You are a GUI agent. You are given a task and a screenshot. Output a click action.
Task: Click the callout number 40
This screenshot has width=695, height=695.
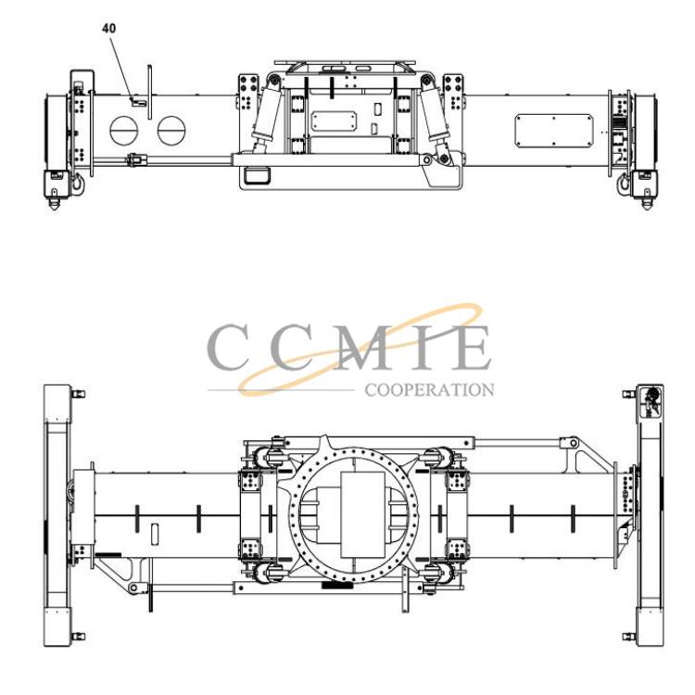108,29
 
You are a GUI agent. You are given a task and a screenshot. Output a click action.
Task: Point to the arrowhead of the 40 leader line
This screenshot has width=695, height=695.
132,99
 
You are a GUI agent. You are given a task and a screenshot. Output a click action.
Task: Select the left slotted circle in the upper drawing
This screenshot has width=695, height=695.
123,131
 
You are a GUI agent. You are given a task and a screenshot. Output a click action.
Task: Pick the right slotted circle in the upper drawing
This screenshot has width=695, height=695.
171,131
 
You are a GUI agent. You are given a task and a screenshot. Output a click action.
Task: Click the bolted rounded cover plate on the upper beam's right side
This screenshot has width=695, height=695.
554,131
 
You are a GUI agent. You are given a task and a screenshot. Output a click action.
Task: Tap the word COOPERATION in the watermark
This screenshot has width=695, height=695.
429,390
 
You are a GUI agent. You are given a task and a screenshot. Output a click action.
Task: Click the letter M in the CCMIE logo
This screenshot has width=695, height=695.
366,347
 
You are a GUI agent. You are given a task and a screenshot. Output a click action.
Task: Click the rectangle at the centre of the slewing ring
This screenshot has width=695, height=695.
362,514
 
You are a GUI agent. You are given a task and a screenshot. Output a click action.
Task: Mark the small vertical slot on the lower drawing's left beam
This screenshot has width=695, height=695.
155,534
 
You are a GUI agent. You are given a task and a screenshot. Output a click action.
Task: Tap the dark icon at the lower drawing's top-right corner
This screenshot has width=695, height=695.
651,400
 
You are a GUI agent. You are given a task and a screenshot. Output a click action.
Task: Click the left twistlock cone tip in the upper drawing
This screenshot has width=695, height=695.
55,208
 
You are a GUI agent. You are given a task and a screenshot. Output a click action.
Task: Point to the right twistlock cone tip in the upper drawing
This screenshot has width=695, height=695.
647,208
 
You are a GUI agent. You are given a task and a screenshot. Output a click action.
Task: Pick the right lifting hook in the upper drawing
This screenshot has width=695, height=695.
625,183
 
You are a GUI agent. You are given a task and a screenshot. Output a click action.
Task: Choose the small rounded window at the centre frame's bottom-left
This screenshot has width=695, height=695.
258,175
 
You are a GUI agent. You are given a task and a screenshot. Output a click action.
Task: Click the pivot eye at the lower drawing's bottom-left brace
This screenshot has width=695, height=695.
133,588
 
